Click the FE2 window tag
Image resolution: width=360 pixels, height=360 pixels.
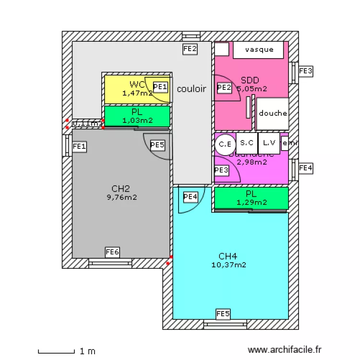191,48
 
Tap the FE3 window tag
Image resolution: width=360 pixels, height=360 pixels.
306,71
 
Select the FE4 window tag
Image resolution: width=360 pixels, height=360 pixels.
306,168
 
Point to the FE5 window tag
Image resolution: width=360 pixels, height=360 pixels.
223,314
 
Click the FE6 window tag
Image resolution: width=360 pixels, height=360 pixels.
112,252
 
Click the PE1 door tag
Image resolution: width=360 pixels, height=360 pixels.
161,87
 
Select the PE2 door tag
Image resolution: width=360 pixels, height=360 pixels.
224,87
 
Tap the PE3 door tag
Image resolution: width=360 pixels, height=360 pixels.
221,169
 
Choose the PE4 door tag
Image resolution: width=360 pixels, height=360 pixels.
191,196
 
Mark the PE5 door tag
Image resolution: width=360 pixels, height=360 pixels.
157,144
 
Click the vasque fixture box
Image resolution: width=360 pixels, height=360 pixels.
259,50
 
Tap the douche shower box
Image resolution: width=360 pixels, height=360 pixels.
273,114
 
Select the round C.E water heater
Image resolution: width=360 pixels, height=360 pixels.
225,144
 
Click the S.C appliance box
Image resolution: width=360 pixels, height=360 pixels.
247,143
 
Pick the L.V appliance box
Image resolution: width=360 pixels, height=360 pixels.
269,143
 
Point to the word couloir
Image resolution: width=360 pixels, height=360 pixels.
192,89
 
